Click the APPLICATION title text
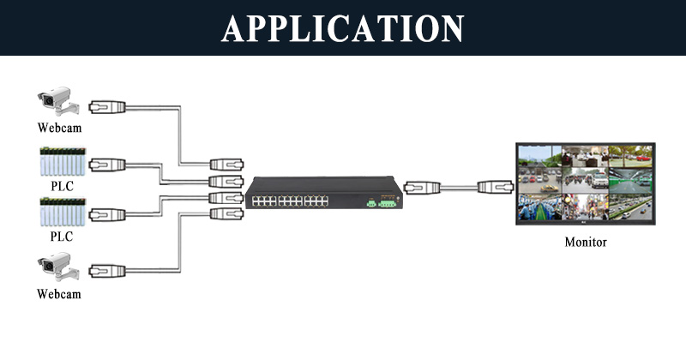[x=342, y=28]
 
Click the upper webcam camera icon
[x=58, y=101]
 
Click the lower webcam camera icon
[x=58, y=267]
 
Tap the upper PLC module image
[x=63, y=161]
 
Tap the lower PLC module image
[x=63, y=213]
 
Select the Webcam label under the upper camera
[x=59, y=128]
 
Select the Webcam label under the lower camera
[x=59, y=293]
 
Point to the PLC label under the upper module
[x=62, y=186]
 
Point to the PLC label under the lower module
[x=62, y=237]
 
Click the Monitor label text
[x=586, y=242]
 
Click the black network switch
[x=324, y=193]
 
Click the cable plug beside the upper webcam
[x=108, y=107]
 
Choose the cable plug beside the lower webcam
[x=108, y=271]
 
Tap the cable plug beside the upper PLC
[x=108, y=165]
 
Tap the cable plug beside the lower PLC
[x=108, y=215]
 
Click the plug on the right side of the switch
[x=422, y=188]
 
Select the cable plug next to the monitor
[x=496, y=187]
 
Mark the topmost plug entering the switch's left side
[x=226, y=165]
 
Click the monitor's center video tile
[x=586, y=181]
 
